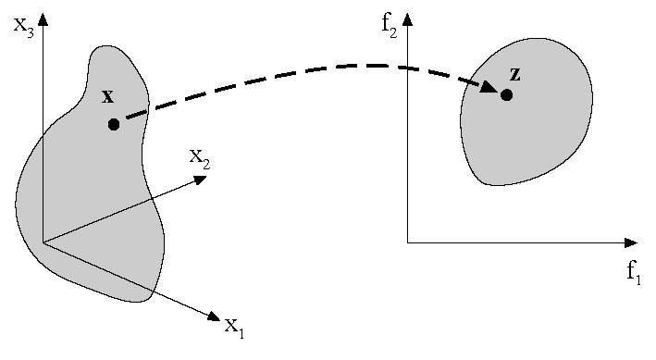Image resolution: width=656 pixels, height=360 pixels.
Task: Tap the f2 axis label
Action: [x=390, y=24]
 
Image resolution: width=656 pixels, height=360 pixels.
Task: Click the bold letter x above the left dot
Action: [x=107, y=96]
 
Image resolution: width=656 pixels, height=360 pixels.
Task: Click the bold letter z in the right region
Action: [x=514, y=74]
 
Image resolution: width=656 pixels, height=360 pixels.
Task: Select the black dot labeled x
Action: [x=114, y=123]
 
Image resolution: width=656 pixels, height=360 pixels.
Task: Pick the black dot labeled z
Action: [x=506, y=94]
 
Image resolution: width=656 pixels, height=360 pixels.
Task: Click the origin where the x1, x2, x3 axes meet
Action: [x=43, y=242]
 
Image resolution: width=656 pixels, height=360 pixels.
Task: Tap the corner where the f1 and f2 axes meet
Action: [x=407, y=242]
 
